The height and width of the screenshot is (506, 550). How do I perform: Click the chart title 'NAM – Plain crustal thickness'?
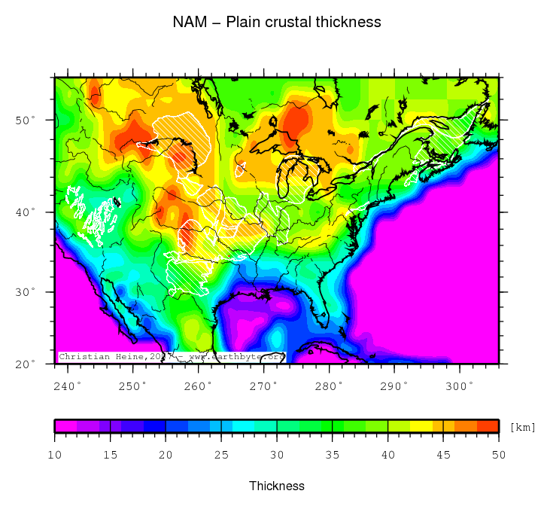(x=277, y=22)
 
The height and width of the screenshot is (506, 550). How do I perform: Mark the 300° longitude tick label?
(x=460, y=386)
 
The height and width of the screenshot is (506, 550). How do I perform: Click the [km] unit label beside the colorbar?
(x=522, y=427)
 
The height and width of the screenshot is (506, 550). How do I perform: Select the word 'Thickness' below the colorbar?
(x=277, y=486)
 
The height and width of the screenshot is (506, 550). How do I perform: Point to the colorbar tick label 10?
(x=55, y=455)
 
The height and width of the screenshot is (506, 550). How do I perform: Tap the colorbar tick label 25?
(x=221, y=455)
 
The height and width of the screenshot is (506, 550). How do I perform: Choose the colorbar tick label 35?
(x=333, y=455)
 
